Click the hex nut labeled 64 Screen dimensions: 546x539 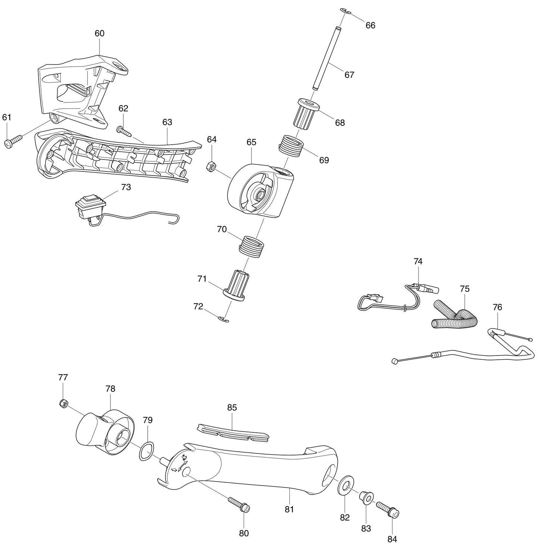[x=210, y=167]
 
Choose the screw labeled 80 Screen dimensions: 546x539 [x=238, y=504]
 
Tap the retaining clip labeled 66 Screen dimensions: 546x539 [x=346, y=12]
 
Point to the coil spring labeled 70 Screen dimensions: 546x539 [x=251, y=246]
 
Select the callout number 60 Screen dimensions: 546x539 [x=99, y=34]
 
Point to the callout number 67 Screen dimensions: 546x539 [x=349, y=75]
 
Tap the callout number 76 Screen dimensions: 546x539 [x=497, y=307]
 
